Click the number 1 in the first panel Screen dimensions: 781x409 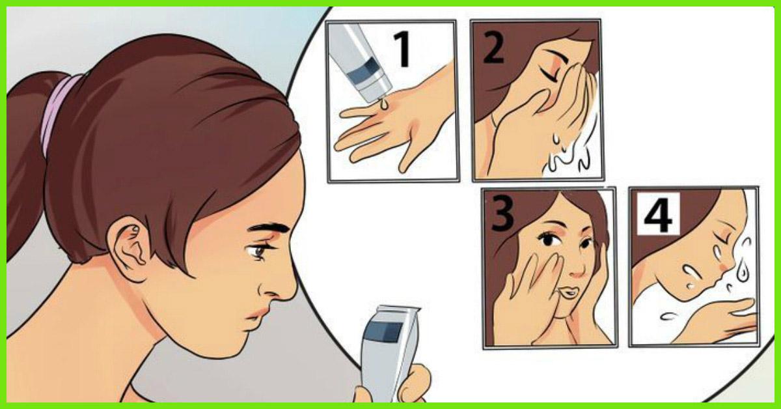(403, 49)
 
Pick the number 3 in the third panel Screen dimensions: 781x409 (502, 213)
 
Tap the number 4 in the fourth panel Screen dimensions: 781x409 (657, 214)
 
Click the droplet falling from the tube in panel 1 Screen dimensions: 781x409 (383, 104)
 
